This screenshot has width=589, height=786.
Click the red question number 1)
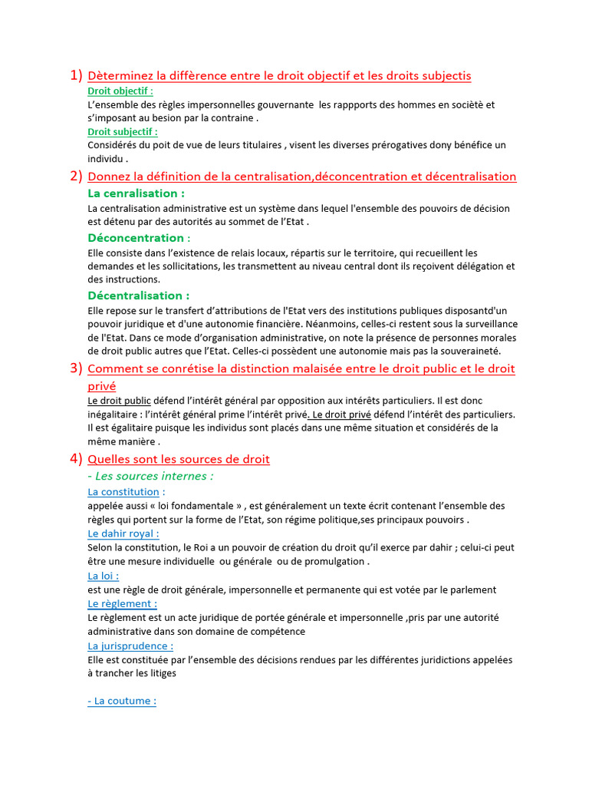pos(76,75)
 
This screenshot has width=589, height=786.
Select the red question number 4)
pos(76,459)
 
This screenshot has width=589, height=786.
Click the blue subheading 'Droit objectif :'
pos(120,91)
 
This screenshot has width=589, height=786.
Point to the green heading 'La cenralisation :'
pos(137,193)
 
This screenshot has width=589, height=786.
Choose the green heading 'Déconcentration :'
pos(139,238)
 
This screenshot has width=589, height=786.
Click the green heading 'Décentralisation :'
pos(139,296)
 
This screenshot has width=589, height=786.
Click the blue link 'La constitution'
pos(123,492)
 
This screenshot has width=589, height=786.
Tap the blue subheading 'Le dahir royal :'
pos(123,533)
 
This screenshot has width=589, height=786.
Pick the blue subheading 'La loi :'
pos(104,576)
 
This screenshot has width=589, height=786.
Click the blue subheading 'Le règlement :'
pos(123,604)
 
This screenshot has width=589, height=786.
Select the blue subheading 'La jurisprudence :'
pos(130,646)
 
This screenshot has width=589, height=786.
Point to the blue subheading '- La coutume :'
pos(122,702)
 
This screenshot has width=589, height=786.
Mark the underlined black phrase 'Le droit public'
pos(119,401)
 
